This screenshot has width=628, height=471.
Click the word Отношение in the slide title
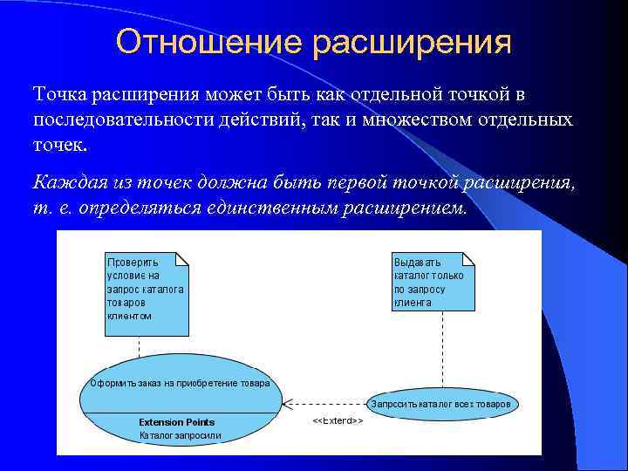coord(203,42)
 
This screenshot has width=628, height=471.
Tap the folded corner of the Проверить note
coord(182,259)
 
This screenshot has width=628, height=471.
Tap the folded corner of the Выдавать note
coord(469,259)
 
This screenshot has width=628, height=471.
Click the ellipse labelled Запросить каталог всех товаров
coord(444,404)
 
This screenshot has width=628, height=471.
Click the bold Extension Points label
coord(177,422)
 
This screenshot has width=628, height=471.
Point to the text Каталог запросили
coord(181,434)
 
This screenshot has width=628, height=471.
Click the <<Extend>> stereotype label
coord(338,421)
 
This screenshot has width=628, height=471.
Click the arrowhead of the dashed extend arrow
coord(289,404)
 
